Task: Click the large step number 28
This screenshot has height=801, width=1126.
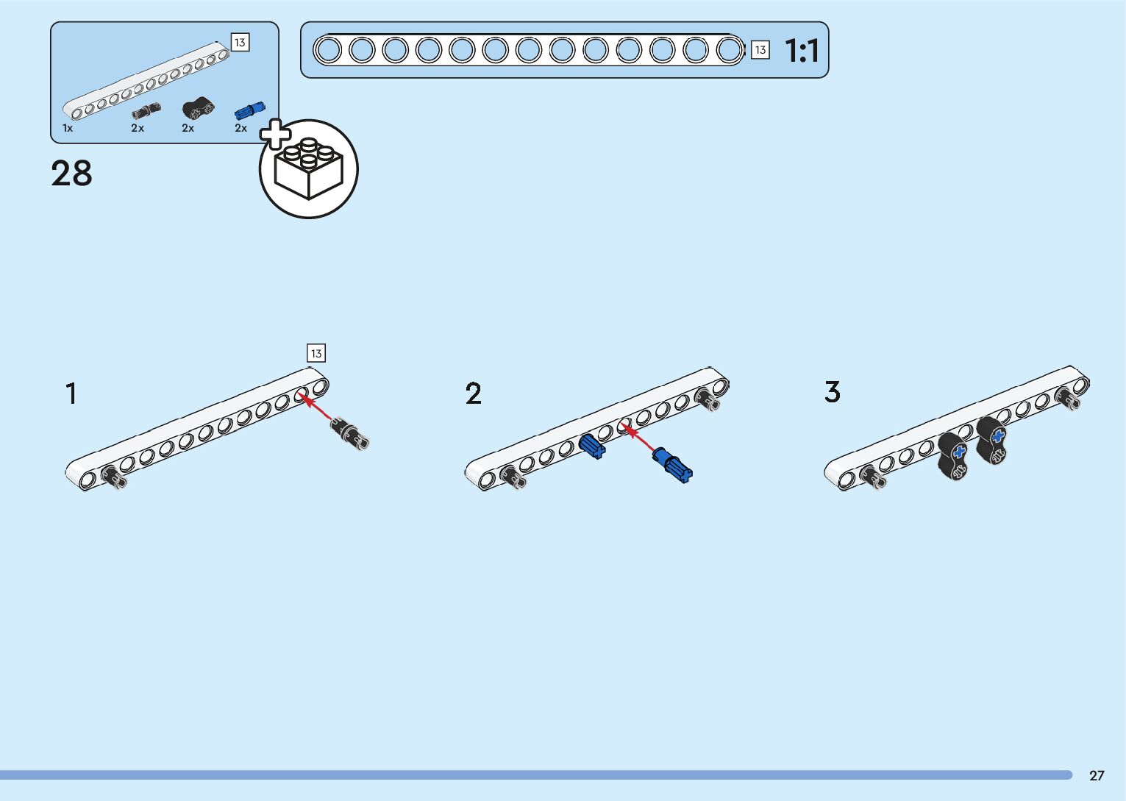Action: (x=71, y=174)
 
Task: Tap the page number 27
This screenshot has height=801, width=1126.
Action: (x=1097, y=775)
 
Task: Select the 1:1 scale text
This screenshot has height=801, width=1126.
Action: (x=802, y=51)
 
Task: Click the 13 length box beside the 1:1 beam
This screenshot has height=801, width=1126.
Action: (x=760, y=50)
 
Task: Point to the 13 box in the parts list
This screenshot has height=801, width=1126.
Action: (x=240, y=43)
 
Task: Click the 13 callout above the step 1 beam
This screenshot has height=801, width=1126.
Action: (x=316, y=354)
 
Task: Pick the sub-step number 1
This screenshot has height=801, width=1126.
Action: (x=71, y=394)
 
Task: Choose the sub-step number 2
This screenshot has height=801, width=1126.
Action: (x=474, y=394)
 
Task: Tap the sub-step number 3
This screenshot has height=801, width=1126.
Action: (x=832, y=392)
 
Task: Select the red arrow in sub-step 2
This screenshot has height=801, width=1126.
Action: (x=638, y=439)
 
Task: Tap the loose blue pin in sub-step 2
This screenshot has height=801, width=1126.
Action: (x=672, y=465)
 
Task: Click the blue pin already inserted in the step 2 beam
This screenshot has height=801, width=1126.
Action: (x=591, y=446)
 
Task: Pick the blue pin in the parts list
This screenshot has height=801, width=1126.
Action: (x=249, y=110)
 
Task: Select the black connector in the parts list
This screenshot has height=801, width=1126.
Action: (x=198, y=109)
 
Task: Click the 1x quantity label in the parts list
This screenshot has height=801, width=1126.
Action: (x=68, y=128)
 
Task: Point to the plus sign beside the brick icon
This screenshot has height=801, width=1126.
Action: (x=275, y=135)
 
